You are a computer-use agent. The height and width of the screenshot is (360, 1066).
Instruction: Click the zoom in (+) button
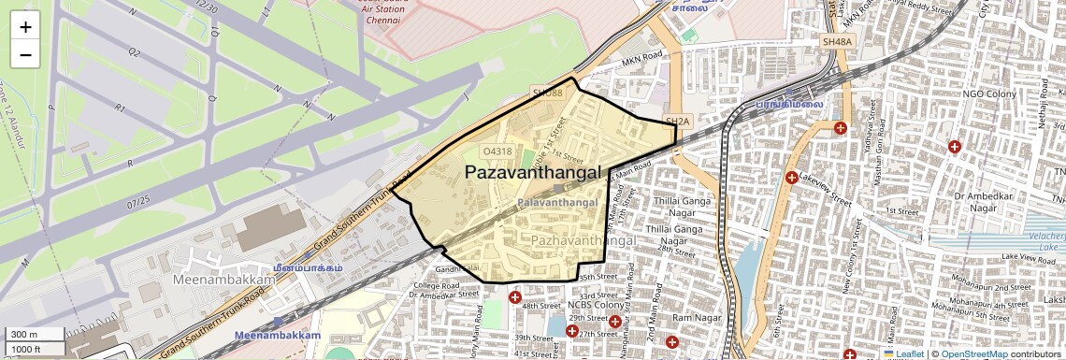[x=25, y=27]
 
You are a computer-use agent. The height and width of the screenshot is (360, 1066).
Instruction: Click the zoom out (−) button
[x=25, y=54]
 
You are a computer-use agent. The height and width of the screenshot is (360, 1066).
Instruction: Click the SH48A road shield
[x=837, y=42]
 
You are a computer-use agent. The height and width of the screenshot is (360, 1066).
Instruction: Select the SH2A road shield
[x=677, y=122]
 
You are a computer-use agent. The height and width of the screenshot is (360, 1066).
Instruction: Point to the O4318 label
[x=497, y=151]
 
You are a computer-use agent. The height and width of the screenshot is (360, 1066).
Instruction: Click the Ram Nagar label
[x=693, y=318]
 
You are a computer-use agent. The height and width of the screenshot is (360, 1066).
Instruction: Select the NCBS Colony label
[x=596, y=305]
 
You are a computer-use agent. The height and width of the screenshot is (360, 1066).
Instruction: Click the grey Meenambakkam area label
[x=218, y=280]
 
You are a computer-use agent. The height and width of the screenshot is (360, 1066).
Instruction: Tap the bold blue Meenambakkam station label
[x=277, y=335]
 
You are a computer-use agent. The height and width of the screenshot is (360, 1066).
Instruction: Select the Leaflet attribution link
[x=903, y=354]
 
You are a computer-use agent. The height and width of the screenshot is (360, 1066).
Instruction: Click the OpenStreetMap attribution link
[x=974, y=354]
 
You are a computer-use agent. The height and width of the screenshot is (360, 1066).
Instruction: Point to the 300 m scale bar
[x=33, y=335]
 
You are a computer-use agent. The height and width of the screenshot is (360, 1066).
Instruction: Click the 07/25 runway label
[x=137, y=200]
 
